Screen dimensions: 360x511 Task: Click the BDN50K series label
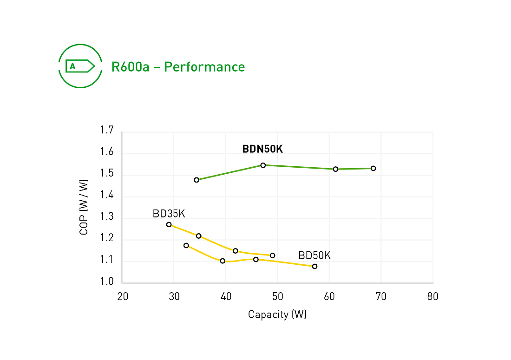[x=262, y=149]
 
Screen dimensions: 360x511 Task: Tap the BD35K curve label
[x=169, y=214]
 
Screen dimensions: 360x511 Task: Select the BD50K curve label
[x=314, y=255]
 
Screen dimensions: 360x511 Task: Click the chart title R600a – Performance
[x=178, y=67]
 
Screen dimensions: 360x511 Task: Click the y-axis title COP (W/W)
[x=84, y=206]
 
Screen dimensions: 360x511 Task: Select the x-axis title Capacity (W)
[x=277, y=314]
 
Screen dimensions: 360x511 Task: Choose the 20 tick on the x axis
[x=122, y=297]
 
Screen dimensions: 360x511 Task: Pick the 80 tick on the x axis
[x=432, y=297]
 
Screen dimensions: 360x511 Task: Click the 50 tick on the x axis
[x=277, y=297]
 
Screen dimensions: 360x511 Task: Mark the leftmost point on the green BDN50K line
[x=197, y=180]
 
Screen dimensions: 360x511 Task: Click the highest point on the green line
[x=263, y=165]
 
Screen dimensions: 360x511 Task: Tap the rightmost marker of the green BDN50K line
[x=373, y=168]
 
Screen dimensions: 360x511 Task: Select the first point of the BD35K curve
[x=169, y=224]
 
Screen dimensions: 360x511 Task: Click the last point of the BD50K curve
[x=314, y=266]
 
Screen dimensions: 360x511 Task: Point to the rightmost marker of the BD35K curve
[x=272, y=255]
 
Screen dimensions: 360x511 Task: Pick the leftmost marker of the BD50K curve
[x=186, y=245]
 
